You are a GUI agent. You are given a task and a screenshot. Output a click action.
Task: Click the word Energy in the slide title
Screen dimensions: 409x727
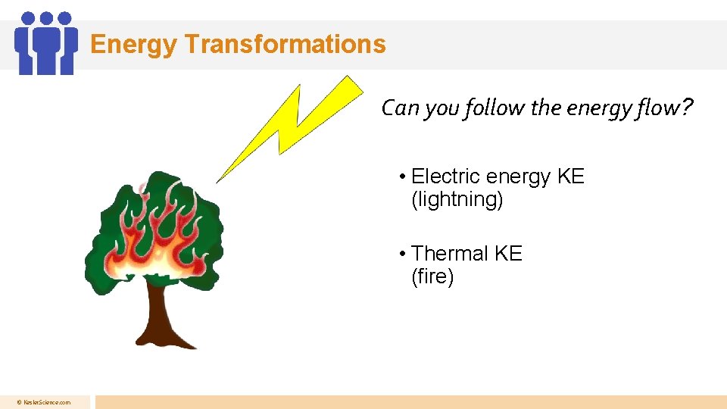tap(133, 45)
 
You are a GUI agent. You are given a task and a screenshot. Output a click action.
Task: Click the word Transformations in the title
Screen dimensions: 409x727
tap(285, 44)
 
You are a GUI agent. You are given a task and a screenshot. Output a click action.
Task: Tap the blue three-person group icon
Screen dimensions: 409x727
tap(46, 43)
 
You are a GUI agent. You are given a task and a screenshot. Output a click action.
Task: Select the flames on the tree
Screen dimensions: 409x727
tap(159, 235)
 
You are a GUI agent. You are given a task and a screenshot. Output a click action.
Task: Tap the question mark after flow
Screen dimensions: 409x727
tap(686, 108)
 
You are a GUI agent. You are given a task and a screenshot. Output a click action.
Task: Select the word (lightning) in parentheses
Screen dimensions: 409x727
tap(457, 200)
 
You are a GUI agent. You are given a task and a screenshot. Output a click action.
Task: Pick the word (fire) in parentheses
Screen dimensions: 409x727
tap(432, 277)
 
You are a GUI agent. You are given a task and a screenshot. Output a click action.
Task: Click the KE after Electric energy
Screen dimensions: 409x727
tap(571, 176)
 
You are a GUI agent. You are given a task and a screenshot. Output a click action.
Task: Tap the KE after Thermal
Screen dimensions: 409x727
tap(508, 254)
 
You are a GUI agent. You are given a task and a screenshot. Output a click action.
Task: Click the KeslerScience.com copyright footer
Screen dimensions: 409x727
tap(45, 402)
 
